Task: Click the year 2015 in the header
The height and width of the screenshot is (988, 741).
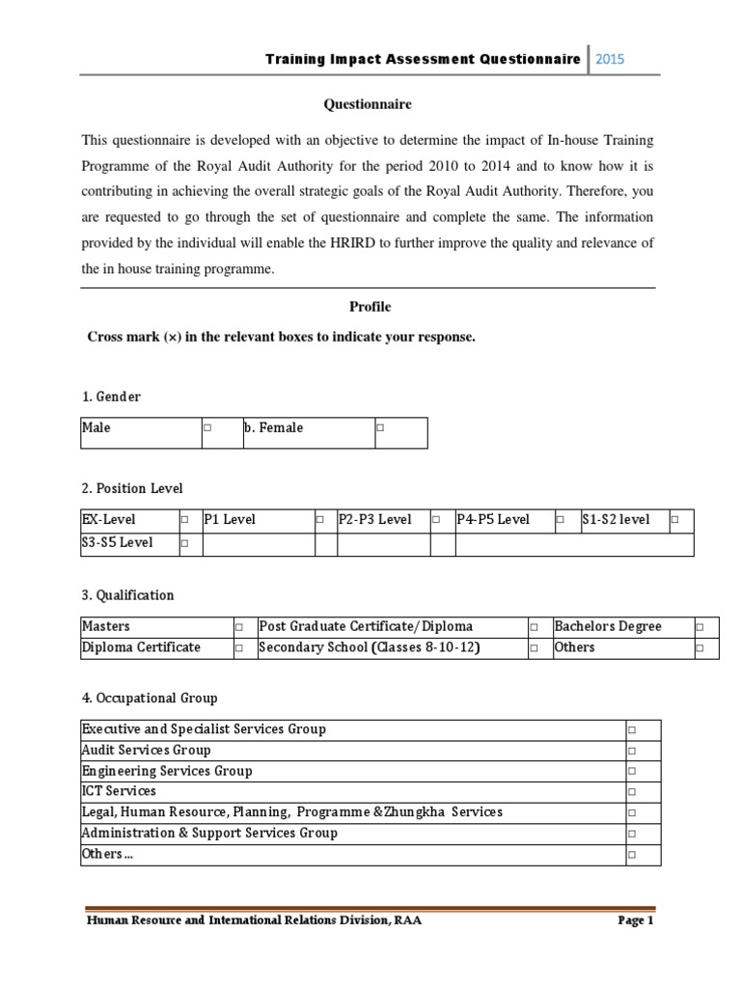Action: pos(610,59)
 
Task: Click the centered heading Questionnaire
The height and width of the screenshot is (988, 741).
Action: pos(370,104)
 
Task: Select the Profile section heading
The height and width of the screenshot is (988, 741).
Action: pos(370,307)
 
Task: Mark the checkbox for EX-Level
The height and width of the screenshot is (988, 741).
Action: pos(184,520)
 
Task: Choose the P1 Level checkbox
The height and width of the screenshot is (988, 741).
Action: pos(319,520)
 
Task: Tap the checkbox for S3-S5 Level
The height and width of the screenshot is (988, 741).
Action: pos(184,543)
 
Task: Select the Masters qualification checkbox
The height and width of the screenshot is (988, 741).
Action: pos(239,627)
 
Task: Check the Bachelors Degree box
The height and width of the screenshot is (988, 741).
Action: pos(700,627)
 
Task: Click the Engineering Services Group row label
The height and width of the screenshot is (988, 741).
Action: pos(167,771)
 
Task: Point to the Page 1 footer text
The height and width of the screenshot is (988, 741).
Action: pos(636,920)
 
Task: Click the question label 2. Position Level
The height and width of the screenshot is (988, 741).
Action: pos(132,488)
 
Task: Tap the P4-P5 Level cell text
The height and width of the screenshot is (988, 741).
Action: pos(493,520)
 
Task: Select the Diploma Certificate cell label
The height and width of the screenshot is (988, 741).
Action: pos(141,647)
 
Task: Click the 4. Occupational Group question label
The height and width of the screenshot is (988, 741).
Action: pos(150,698)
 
